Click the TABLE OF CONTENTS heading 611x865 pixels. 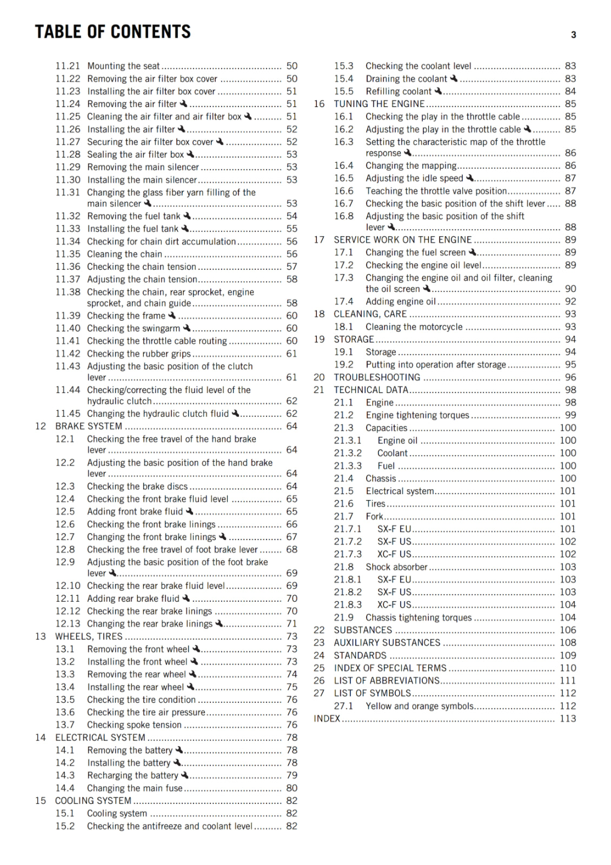pos(112,32)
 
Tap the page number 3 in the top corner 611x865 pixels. pos(573,35)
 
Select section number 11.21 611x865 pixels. pos(68,66)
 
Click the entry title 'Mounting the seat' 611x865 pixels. pos(123,66)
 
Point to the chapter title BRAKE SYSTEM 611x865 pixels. pos(89,426)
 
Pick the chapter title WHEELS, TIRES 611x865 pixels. pos(89,636)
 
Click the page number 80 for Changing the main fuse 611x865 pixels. pos(291,788)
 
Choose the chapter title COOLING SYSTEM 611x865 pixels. pos(93,801)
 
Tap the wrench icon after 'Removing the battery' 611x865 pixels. pos(179,750)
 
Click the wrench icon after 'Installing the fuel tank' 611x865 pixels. pos(184,229)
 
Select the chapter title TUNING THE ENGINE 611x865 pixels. pos(379,104)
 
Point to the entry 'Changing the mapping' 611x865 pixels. pos(411,165)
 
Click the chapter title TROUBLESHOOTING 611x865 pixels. pos(377,377)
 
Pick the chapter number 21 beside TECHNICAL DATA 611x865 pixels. pos(319,390)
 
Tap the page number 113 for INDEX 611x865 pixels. pos(568,718)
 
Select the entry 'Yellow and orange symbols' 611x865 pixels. pos(420,706)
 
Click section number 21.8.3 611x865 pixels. pos(348,604)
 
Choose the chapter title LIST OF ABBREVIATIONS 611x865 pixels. pos(387,681)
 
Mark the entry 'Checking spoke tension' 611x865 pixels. pos(134,724)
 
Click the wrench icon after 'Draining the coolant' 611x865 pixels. pos(454,78)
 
